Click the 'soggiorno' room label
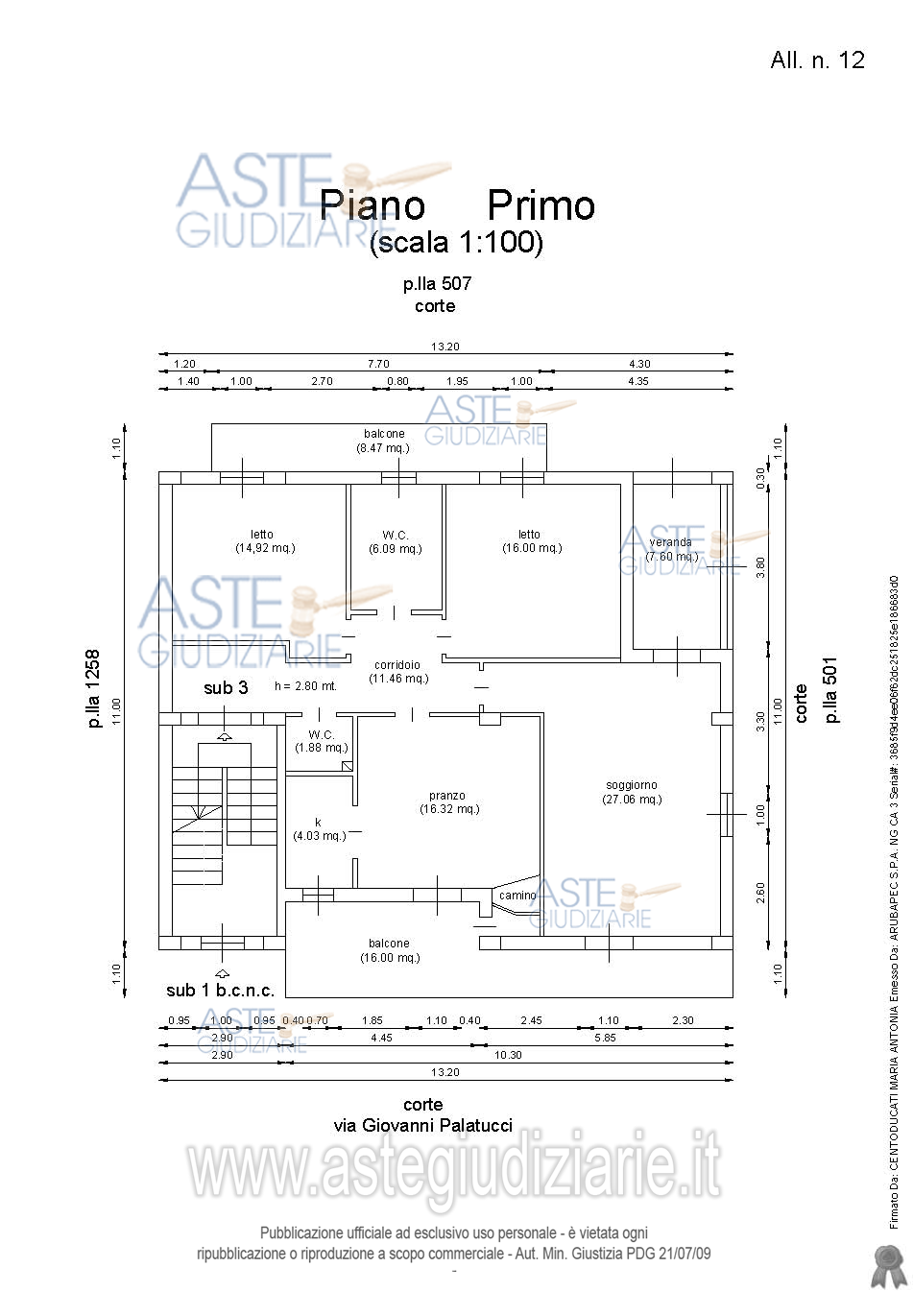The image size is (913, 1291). pyautogui.click(x=632, y=785)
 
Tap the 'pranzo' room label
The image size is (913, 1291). pyautogui.click(x=447, y=796)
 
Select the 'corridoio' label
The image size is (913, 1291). pyautogui.click(x=397, y=664)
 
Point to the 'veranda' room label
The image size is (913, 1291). pyautogui.click(x=670, y=542)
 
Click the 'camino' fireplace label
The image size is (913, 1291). pyautogui.click(x=517, y=896)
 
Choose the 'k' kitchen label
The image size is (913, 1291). pyautogui.click(x=318, y=822)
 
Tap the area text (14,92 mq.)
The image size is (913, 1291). pyautogui.click(x=265, y=548)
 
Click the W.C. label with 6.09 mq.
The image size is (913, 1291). pyautogui.click(x=396, y=535)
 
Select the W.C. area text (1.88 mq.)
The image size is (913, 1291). pyautogui.click(x=322, y=748)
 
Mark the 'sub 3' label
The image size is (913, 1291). pyautogui.click(x=226, y=687)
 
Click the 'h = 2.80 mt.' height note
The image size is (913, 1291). pyautogui.click(x=305, y=686)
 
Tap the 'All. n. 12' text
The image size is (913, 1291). pyautogui.click(x=817, y=60)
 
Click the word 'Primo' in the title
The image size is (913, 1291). pyautogui.click(x=541, y=205)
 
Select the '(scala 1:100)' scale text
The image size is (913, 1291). pyautogui.click(x=456, y=242)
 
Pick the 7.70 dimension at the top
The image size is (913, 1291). pyautogui.click(x=378, y=364)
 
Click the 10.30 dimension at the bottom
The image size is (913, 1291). pyautogui.click(x=508, y=1055)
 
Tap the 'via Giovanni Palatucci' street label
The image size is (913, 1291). pyautogui.click(x=422, y=1125)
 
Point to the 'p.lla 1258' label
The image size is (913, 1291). pyautogui.click(x=93, y=688)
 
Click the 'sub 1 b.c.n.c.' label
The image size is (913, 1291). pyautogui.click(x=220, y=991)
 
